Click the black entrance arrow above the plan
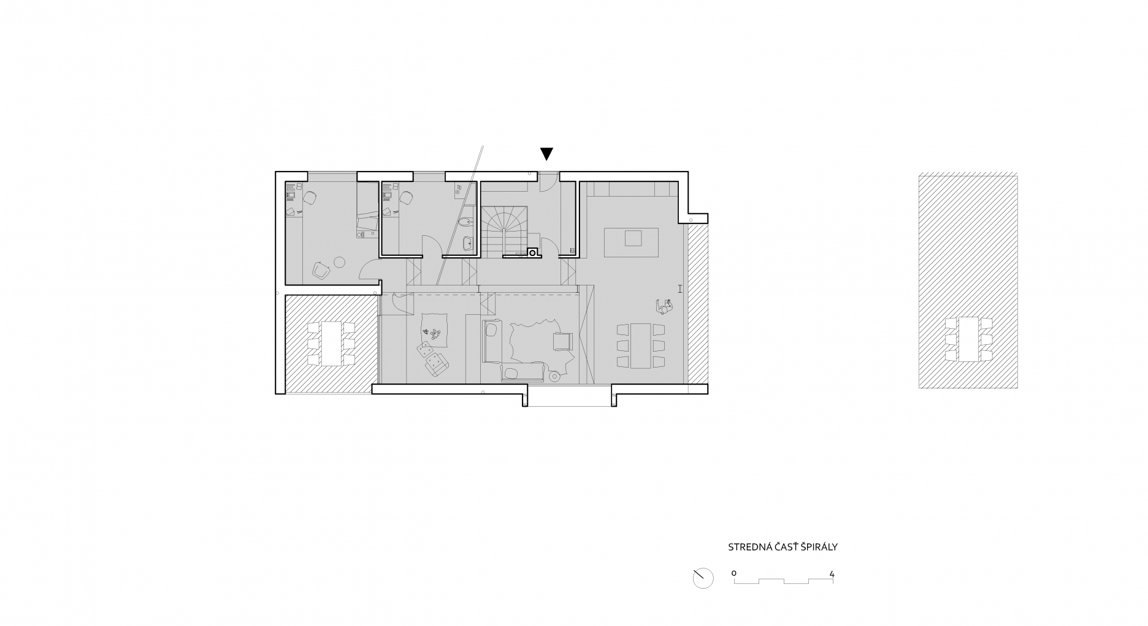click(x=546, y=154)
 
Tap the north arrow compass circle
click(x=703, y=578)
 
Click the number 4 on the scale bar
click(x=832, y=575)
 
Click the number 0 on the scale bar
click(x=734, y=574)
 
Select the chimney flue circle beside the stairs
click(x=533, y=251)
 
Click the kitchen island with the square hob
click(x=632, y=242)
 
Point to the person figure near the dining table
click(x=664, y=306)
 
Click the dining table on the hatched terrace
click(x=331, y=344)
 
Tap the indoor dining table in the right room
click(x=641, y=345)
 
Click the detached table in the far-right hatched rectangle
click(x=969, y=339)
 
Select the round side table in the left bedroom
click(x=339, y=263)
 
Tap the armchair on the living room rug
click(x=562, y=341)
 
